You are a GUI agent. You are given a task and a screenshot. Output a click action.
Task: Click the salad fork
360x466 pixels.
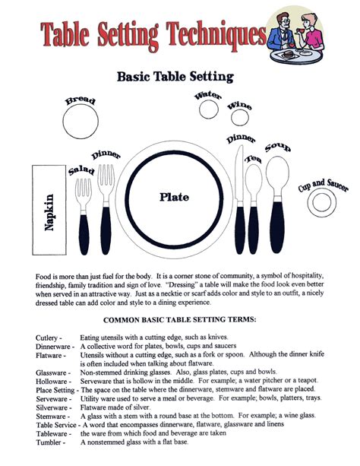pos(83,201)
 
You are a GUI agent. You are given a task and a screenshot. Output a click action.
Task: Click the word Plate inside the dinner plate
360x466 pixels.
pos(174,197)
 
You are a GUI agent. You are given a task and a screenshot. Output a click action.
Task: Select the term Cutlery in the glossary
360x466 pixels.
pos(48,337)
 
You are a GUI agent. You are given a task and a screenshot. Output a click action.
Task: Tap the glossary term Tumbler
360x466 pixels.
pos(50,441)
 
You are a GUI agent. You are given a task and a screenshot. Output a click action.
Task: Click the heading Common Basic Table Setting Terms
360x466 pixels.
pos(180,320)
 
